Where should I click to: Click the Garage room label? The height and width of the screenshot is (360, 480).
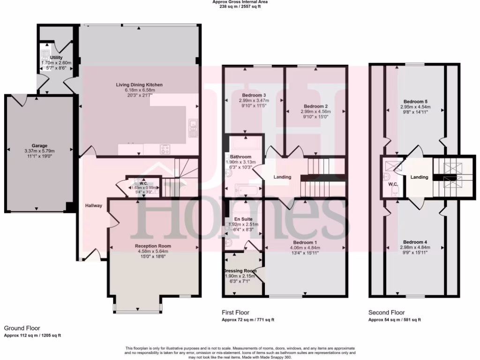[40, 146]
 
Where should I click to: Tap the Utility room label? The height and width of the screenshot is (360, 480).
[56, 58]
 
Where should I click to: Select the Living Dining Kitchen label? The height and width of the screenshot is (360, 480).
[139, 85]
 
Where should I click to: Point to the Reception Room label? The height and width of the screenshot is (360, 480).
[153, 246]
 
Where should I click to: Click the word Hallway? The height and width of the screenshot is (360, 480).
[93, 205]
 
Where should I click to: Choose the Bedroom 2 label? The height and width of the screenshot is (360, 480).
[315, 106]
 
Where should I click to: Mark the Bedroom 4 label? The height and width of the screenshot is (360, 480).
[415, 242]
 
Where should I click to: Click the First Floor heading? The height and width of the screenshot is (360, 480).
[235, 313]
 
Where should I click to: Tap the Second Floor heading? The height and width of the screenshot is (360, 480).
[386, 313]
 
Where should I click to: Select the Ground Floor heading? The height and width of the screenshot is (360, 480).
[22, 329]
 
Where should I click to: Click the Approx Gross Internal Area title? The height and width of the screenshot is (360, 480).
[240, 2]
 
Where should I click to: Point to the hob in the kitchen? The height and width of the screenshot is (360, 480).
[165, 150]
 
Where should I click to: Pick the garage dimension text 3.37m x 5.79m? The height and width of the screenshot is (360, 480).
[39, 151]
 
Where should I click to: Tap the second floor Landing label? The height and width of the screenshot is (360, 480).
[419, 177]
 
